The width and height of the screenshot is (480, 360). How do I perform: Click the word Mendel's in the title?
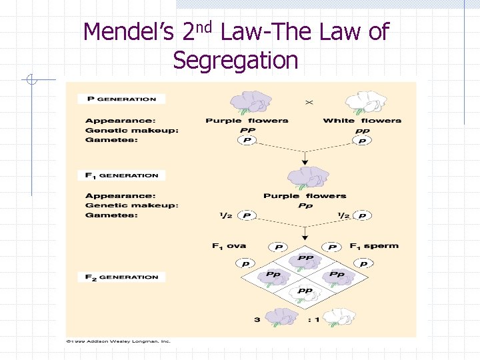click(129, 32)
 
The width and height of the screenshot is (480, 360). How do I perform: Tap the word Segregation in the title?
click(235, 61)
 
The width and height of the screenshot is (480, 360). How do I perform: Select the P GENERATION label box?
click(121, 99)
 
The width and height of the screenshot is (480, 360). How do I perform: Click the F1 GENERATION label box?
click(121, 175)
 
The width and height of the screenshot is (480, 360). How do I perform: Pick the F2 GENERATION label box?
click(121, 277)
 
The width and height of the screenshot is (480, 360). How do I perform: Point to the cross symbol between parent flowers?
click(309, 103)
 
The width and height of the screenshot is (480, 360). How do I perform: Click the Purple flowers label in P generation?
click(247, 121)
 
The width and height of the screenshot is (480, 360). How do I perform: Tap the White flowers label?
click(362, 121)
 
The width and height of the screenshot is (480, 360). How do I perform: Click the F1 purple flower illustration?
click(305, 179)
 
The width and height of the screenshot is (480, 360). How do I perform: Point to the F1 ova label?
click(229, 246)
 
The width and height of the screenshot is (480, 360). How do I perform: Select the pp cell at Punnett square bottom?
click(305, 291)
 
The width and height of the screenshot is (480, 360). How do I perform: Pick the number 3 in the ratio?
click(257, 320)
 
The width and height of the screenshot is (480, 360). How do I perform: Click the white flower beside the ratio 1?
click(338, 317)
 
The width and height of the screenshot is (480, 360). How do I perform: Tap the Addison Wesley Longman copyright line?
click(119, 342)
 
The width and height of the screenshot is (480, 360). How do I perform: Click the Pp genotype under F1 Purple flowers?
click(305, 205)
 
